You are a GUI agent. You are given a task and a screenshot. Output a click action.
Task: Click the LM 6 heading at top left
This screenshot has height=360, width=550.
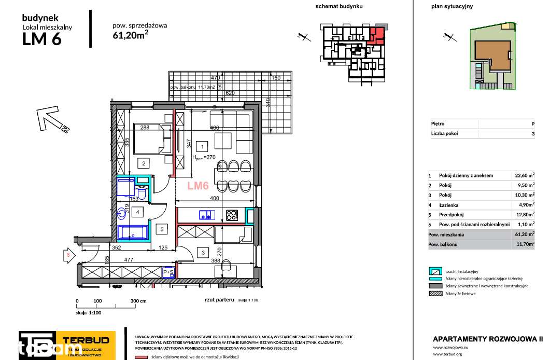pos(42,39)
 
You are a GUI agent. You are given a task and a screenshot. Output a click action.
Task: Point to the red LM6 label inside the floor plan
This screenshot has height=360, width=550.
pos(198,185)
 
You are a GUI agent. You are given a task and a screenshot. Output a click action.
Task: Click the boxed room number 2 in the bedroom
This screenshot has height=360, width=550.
pos(143,164)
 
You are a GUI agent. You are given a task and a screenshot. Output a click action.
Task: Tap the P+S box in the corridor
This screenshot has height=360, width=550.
pos(168,272)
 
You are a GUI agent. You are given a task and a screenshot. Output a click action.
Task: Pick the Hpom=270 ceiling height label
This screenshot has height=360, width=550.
pos(203,158)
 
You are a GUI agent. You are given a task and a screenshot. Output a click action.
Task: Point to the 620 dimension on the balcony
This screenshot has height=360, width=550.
pos(230,93)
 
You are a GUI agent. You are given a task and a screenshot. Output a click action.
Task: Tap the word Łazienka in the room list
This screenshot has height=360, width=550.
pos(450,205)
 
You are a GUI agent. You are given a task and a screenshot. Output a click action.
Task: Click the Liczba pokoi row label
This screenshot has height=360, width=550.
pos(444,133)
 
